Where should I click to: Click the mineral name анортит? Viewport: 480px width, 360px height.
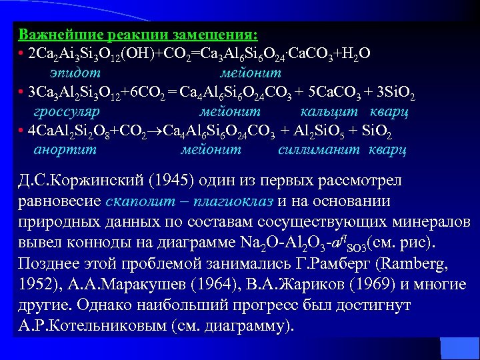click(x=65, y=150)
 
